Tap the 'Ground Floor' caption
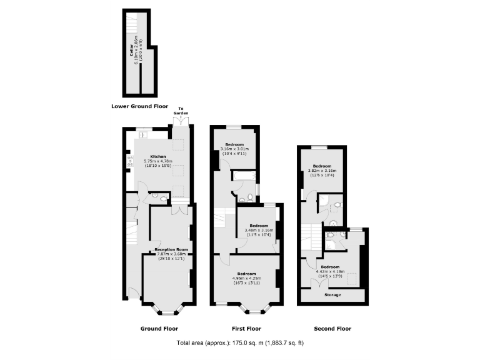point(159,328)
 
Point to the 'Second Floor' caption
point(332,328)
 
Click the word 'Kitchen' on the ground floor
point(157,156)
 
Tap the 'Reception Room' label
point(172,249)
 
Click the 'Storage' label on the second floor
point(333,295)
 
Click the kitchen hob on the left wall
point(130,161)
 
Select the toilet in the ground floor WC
point(163,199)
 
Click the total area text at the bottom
point(240,343)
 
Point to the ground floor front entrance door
point(134,291)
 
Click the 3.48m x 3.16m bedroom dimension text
point(259,231)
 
